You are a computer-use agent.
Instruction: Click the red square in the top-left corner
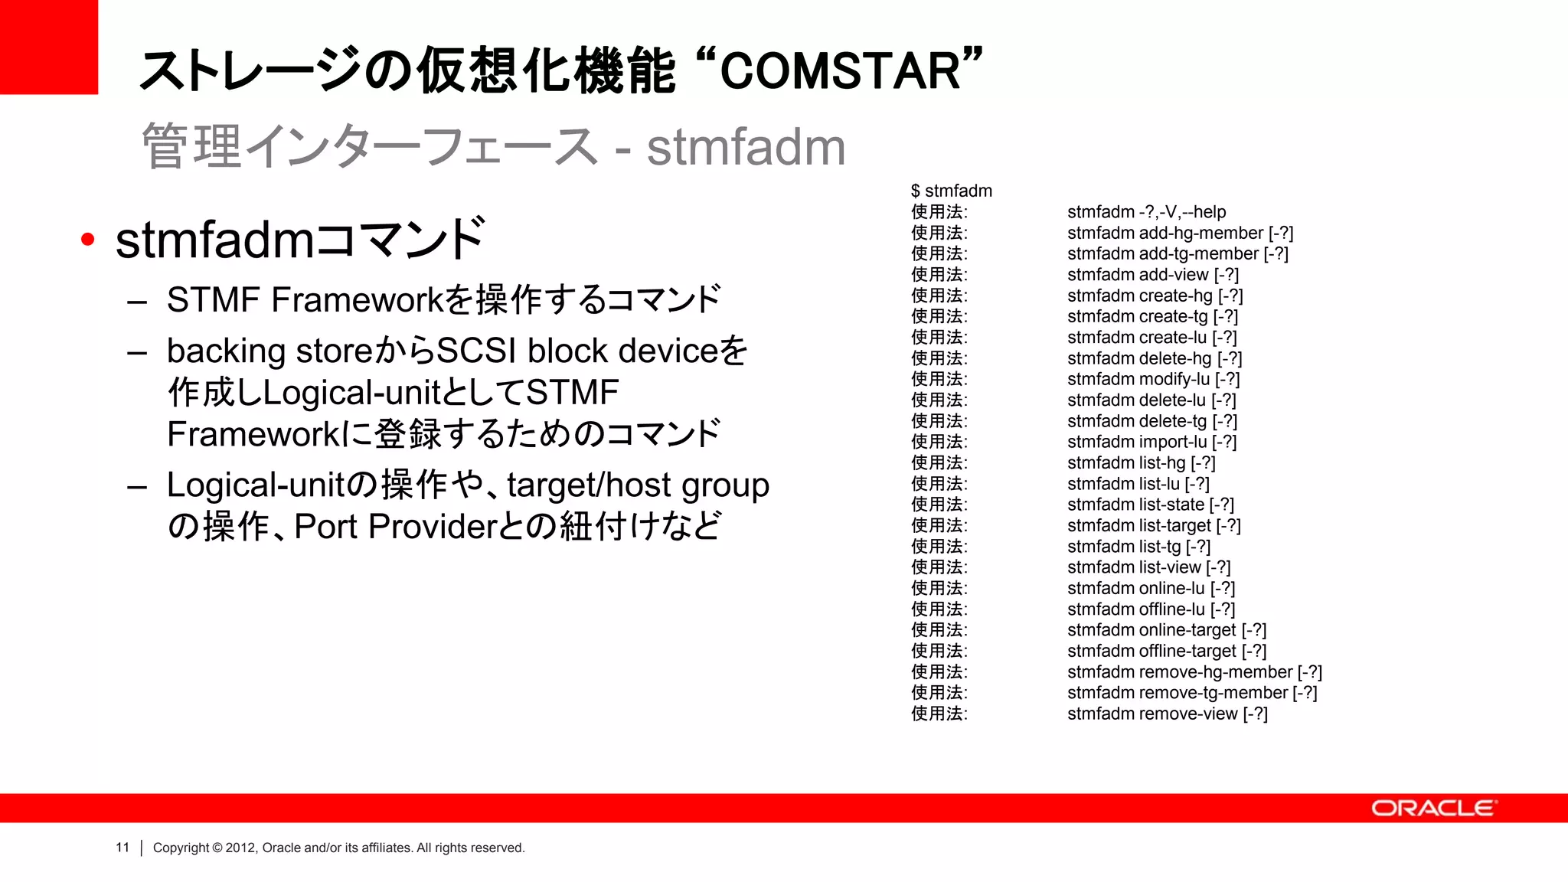click(48, 47)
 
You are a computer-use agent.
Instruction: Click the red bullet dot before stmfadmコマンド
click(88, 240)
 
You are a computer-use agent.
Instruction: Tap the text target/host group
click(638, 485)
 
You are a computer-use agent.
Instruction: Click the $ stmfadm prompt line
click(951, 191)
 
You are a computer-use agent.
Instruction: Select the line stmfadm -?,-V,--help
click(1146, 212)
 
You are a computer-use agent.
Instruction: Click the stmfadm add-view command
click(1152, 275)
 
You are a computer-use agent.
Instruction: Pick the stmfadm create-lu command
click(1151, 338)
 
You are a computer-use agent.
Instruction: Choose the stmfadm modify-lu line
click(1153, 379)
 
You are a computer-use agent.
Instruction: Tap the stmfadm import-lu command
click(1151, 442)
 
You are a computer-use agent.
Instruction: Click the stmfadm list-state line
click(1150, 505)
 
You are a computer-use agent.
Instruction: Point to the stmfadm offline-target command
click(1166, 651)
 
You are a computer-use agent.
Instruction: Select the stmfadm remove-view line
click(1167, 714)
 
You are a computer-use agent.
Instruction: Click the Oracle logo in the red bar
click(1432, 808)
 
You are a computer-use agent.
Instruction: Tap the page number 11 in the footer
click(122, 848)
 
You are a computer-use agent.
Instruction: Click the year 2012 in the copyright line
click(240, 848)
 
